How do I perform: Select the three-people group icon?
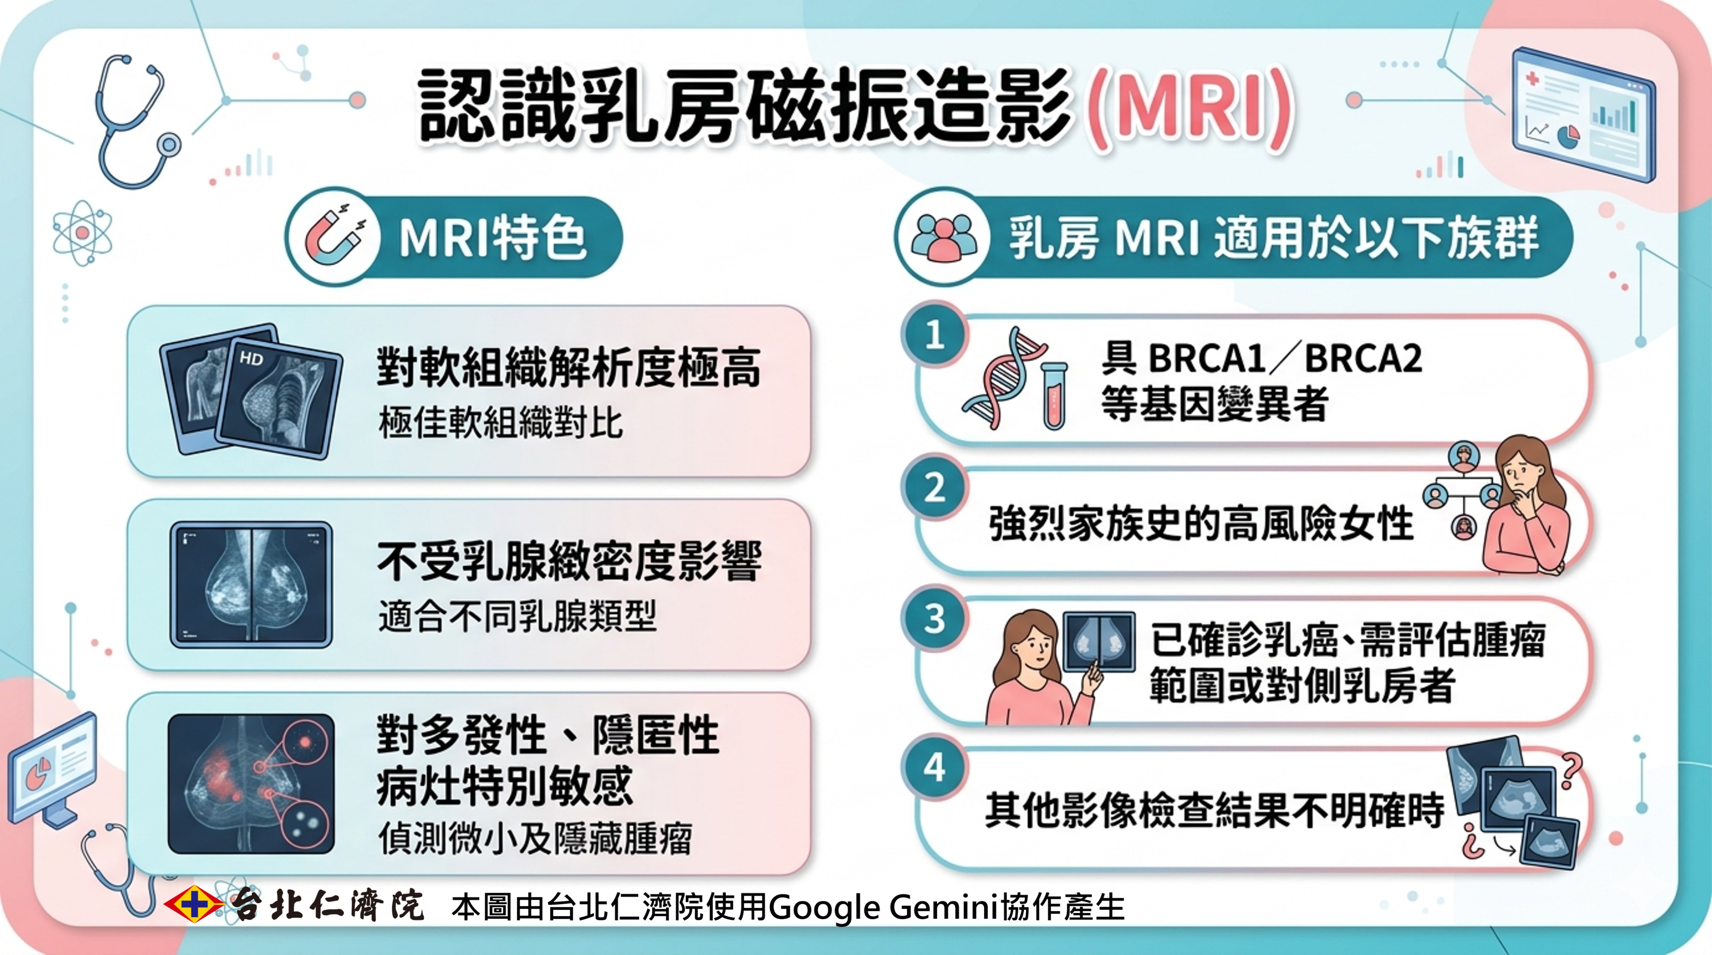point(944,238)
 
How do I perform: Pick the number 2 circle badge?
point(934,488)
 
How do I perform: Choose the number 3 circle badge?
point(934,619)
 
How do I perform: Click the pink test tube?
point(1054,395)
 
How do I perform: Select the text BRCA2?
point(1363,359)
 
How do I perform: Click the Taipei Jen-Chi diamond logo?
point(194,904)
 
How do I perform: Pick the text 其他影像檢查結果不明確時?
point(1215,810)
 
